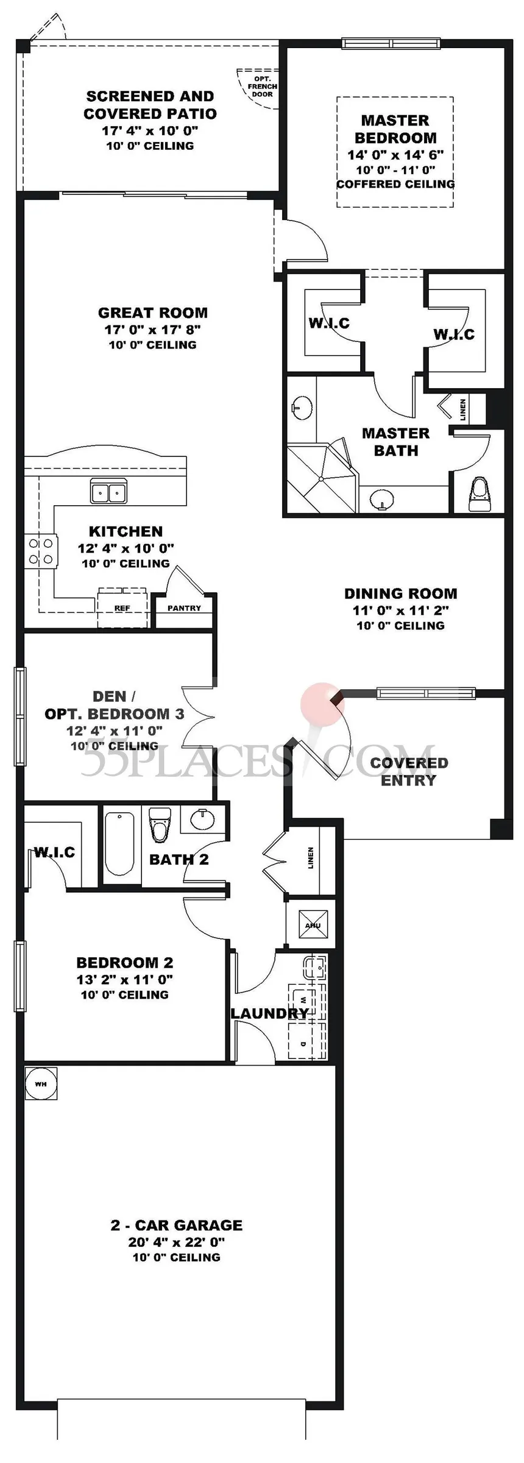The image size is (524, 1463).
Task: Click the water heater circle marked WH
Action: tap(40, 1084)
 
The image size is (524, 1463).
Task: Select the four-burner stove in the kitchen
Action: tap(41, 551)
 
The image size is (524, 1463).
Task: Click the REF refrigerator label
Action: tap(122, 608)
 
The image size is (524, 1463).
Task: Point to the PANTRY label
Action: tap(184, 608)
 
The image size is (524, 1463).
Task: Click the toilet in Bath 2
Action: tap(160, 825)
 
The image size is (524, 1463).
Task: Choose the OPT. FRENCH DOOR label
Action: tap(263, 87)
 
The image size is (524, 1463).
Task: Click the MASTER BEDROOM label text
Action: tap(395, 129)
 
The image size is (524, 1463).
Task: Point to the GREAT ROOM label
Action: tap(153, 313)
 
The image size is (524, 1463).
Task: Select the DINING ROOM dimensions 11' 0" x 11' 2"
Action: tap(400, 610)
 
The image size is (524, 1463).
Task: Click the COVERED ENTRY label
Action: tap(409, 771)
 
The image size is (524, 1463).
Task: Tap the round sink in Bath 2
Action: tap(202, 820)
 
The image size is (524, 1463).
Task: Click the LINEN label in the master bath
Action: tap(463, 409)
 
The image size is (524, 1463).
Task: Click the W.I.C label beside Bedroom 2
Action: tap(54, 852)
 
